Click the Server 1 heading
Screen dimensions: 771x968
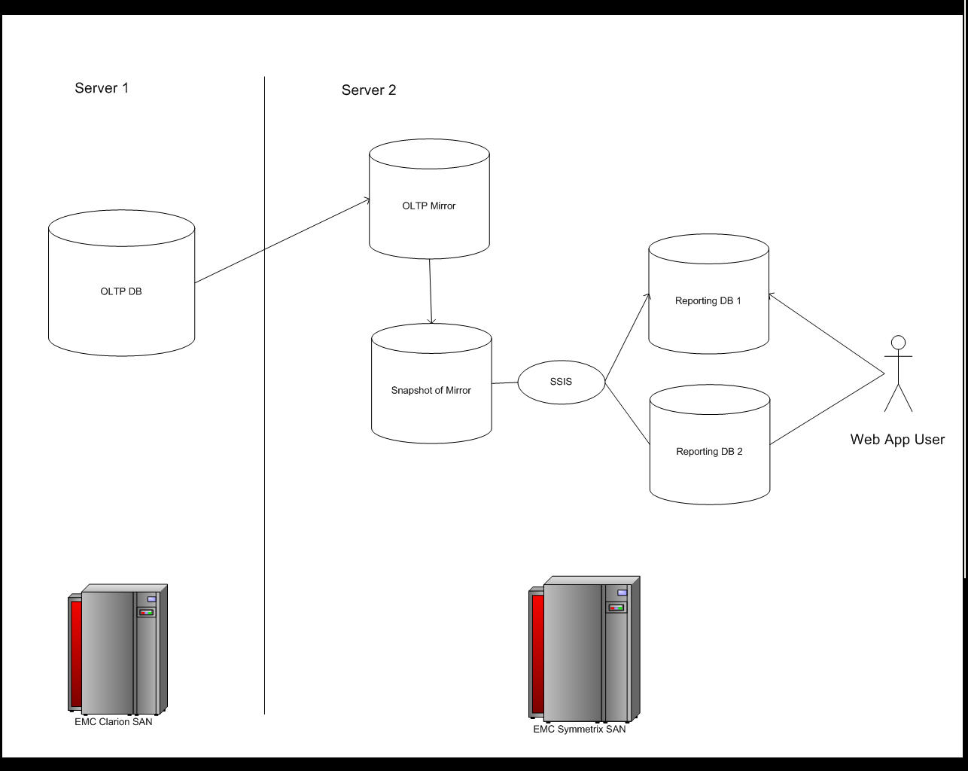[102, 88]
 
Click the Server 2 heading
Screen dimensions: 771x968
[369, 90]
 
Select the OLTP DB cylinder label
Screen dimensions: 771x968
[121, 291]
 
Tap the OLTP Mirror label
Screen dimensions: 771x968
[429, 206]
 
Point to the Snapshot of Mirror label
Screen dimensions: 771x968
[431, 390]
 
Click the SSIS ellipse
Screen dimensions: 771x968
[561, 382]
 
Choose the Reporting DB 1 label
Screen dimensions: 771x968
[708, 301]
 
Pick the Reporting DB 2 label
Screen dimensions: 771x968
[709, 452]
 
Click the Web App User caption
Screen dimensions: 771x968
[897, 440]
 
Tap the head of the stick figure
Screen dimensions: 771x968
[898, 343]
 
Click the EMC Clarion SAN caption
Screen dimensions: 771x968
[113, 722]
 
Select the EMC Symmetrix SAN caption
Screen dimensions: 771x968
[580, 729]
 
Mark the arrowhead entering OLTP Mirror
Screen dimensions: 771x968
[367, 200]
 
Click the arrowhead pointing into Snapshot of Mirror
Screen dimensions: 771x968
[431, 322]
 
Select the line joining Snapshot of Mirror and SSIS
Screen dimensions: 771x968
[505, 382]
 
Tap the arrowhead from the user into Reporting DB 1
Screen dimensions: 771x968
[771, 295]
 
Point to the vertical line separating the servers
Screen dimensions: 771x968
[265, 452]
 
